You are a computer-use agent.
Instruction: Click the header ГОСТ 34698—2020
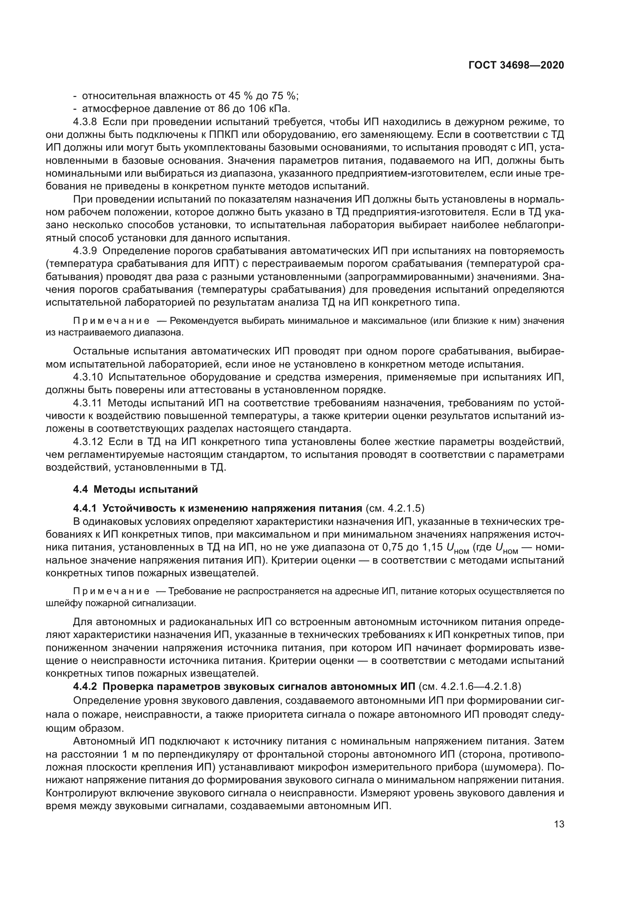(516, 65)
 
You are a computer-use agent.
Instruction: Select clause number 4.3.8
(85, 122)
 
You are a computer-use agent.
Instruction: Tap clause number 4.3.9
(85, 251)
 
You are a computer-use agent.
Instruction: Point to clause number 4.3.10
(88, 377)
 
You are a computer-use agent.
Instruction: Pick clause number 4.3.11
(87, 403)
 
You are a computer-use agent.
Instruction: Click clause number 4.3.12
(88, 442)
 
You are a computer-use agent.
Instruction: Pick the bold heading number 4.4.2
(85, 687)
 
